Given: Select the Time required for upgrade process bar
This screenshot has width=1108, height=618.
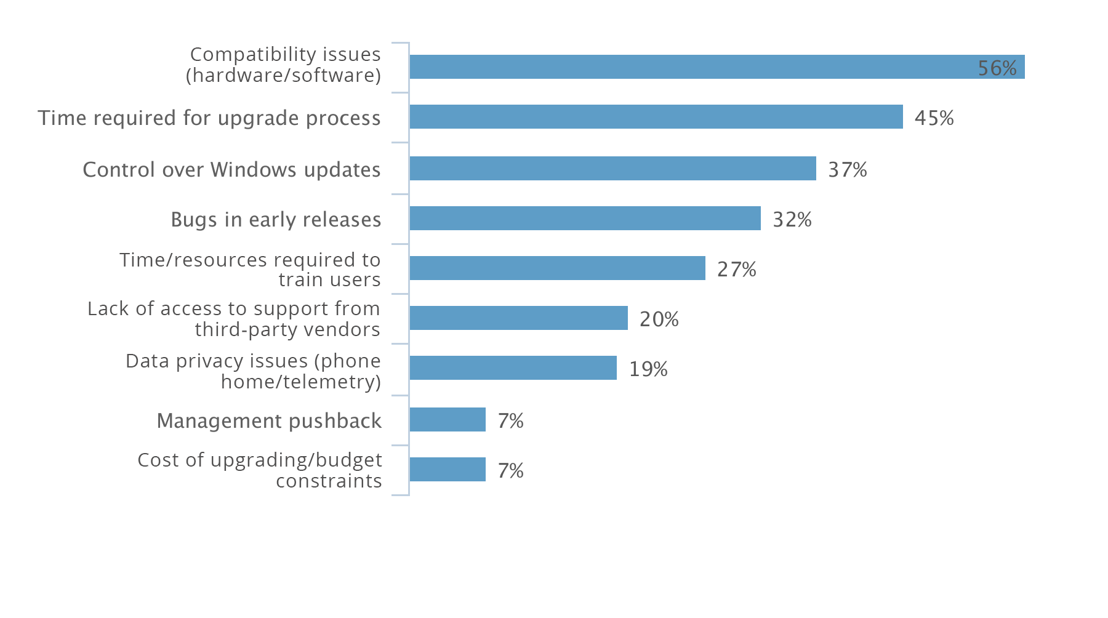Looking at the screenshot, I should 656,117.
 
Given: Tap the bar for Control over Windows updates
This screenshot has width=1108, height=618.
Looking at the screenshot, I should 612,169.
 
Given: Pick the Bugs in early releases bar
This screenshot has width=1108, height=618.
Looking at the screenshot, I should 585,219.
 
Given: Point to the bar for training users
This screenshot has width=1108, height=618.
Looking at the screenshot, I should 557,268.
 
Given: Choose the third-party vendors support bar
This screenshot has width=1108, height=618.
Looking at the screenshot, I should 518,318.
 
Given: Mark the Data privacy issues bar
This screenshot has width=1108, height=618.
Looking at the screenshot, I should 513,368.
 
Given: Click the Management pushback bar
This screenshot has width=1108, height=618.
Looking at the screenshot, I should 448,420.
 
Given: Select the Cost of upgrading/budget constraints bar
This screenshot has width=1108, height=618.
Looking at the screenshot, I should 448,470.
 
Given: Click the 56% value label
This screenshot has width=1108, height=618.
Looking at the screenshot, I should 997,68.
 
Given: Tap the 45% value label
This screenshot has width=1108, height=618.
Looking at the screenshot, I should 934,118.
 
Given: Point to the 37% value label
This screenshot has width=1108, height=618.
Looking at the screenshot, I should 847,169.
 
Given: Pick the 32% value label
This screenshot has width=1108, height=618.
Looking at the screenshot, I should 792,219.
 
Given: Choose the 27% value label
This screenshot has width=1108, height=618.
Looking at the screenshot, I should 736,269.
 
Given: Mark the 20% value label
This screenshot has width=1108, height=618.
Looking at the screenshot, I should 659,319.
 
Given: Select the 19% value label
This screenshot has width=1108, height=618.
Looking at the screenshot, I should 648,369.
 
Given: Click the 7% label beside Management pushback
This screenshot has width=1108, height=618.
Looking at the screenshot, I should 510,420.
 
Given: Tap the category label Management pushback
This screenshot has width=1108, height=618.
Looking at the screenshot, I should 269,420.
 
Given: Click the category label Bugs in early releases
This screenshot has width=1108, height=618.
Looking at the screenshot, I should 276,219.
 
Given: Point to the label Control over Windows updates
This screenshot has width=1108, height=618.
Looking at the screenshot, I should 231,169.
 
